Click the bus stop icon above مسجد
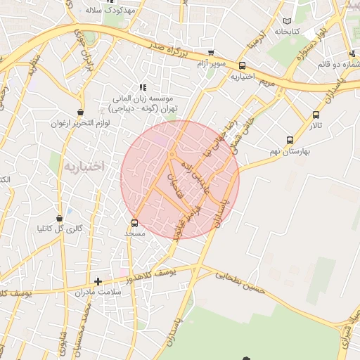pyautogui.click(x=134, y=224)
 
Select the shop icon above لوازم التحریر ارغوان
pyautogui.click(x=80, y=112)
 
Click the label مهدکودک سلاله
pyautogui.click(x=103, y=11)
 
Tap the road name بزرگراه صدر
pyautogui.click(x=172, y=49)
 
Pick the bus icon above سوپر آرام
pyautogui.click(x=211, y=53)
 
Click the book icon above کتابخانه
pyautogui.click(x=285, y=20)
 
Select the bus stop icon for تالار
pyautogui.click(x=316, y=115)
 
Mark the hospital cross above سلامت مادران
pyautogui.click(x=98, y=281)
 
